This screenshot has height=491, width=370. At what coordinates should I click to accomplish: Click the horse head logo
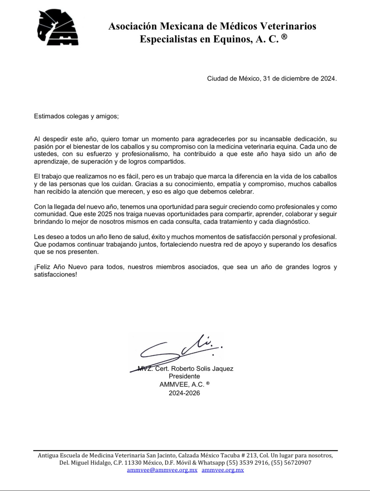pos(58,28)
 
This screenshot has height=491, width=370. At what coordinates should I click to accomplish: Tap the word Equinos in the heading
pos(233,39)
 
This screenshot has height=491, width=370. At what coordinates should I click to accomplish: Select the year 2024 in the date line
pos(328,79)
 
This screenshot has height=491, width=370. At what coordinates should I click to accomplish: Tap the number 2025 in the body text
pos(103,214)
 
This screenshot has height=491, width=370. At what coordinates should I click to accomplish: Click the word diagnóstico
pos(292,222)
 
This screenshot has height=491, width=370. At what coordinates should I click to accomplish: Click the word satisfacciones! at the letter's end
pos(55,275)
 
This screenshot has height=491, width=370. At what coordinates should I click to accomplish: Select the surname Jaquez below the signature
pos(222,368)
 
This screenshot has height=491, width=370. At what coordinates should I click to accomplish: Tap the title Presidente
pos(184,376)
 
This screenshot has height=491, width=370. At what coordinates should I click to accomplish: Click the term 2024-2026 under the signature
pos(184,393)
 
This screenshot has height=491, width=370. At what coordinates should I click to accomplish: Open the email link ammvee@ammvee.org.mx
pos(162,470)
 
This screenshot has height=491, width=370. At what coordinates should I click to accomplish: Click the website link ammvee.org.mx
pos(223,470)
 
